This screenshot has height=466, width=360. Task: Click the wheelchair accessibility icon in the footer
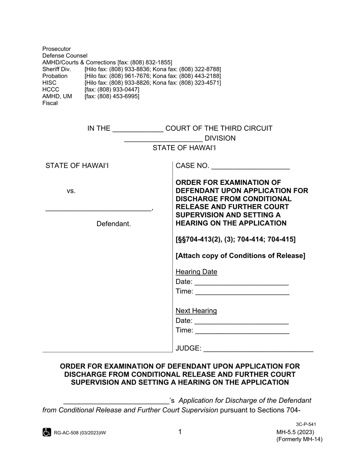[x=47, y=432]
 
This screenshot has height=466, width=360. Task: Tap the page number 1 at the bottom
[x=180, y=432]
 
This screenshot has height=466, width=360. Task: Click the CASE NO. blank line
[x=250, y=167]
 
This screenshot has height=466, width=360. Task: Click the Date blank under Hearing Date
[x=242, y=284]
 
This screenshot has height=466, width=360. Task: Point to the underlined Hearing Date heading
[x=196, y=272]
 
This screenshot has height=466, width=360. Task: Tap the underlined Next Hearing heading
[x=196, y=311]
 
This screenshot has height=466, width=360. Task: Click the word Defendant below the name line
[x=113, y=224]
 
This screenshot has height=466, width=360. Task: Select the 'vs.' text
[x=71, y=191]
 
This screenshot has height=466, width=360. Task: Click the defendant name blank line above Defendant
[x=98, y=209]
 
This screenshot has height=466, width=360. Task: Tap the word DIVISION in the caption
[x=220, y=138]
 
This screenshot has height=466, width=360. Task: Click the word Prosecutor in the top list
[x=56, y=49]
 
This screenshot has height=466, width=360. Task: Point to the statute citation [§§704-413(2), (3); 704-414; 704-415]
[x=235, y=239]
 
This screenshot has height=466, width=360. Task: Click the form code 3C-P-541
[x=306, y=425]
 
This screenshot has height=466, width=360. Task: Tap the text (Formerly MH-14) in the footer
[x=299, y=439]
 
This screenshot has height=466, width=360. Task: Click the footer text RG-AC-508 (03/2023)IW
[x=80, y=433]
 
